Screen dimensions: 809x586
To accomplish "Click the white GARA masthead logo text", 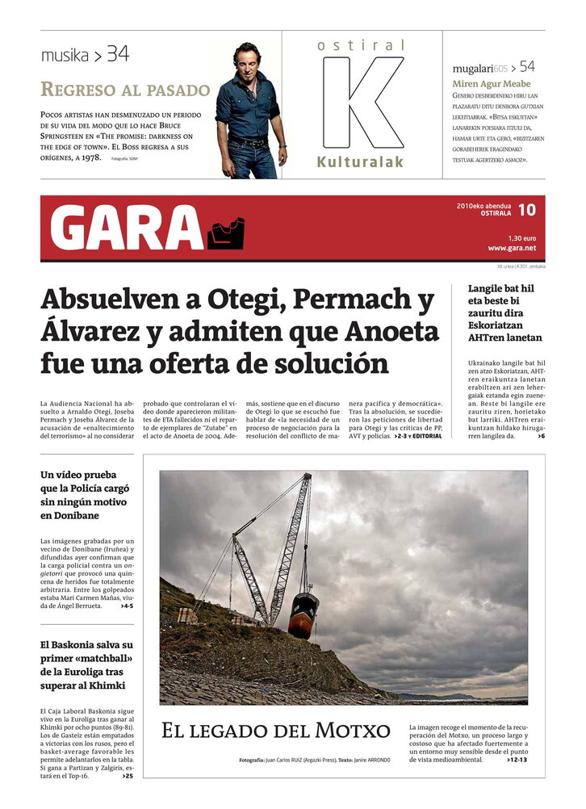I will coord(126,228).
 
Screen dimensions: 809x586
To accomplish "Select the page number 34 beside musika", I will coord(118,55).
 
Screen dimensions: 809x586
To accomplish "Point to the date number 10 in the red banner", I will coord(526,210).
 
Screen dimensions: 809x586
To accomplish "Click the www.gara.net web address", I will coord(512,248).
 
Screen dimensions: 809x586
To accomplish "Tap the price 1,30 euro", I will coord(521,237).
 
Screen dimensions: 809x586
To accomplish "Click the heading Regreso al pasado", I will coord(125,90).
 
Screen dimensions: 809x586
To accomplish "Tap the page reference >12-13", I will coord(517,760).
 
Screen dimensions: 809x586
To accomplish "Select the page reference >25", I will coord(128,776).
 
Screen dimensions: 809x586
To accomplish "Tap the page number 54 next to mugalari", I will coord(527,66).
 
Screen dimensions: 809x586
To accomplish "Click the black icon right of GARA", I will coord(226,233).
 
